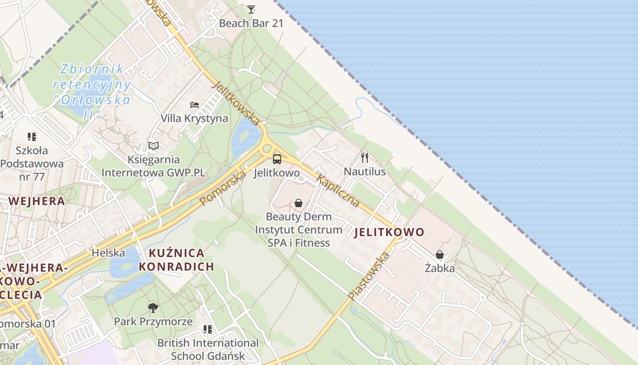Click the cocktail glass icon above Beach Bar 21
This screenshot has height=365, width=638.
pyautogui.click(x=251, y=9)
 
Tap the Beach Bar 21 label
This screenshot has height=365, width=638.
pyautogui.click(x=251, y=23)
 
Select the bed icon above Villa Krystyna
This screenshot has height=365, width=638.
pyautogui.click(x=195, y=104)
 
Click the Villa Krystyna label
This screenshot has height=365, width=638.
pyautogui.click(x=195, y=118)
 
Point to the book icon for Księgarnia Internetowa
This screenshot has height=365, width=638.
pyautogui.click(x=154, y=146)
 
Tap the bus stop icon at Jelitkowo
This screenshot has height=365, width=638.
pyautogui.click(x=277, y=159)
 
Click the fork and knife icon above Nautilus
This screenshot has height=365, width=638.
pyautogui.click(x=365, y=158)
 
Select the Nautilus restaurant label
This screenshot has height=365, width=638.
pyautogui.click(x=365, y=172)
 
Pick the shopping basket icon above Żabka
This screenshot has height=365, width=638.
pyautogui.click(x=440, y=255)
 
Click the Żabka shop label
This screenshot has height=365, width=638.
pyautogui.click(x=440, y=268)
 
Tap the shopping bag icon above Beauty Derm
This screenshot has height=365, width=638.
pyautogui.click(x=298, y=203)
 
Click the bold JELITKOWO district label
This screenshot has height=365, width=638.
pyautogui.click(x=389, y=232)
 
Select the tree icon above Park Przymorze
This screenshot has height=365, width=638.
pyautogui.click(x=153, y=308)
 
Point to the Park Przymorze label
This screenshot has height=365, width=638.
pyautogui.click(x=153, y=322)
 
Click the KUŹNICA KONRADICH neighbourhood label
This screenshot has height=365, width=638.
pyautogui.click(x=176, y=260)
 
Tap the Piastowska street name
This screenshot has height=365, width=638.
pyautogui.click(x=369, y=276)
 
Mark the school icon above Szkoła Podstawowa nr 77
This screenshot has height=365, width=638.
pyautogui.click(x=31, y=136)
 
